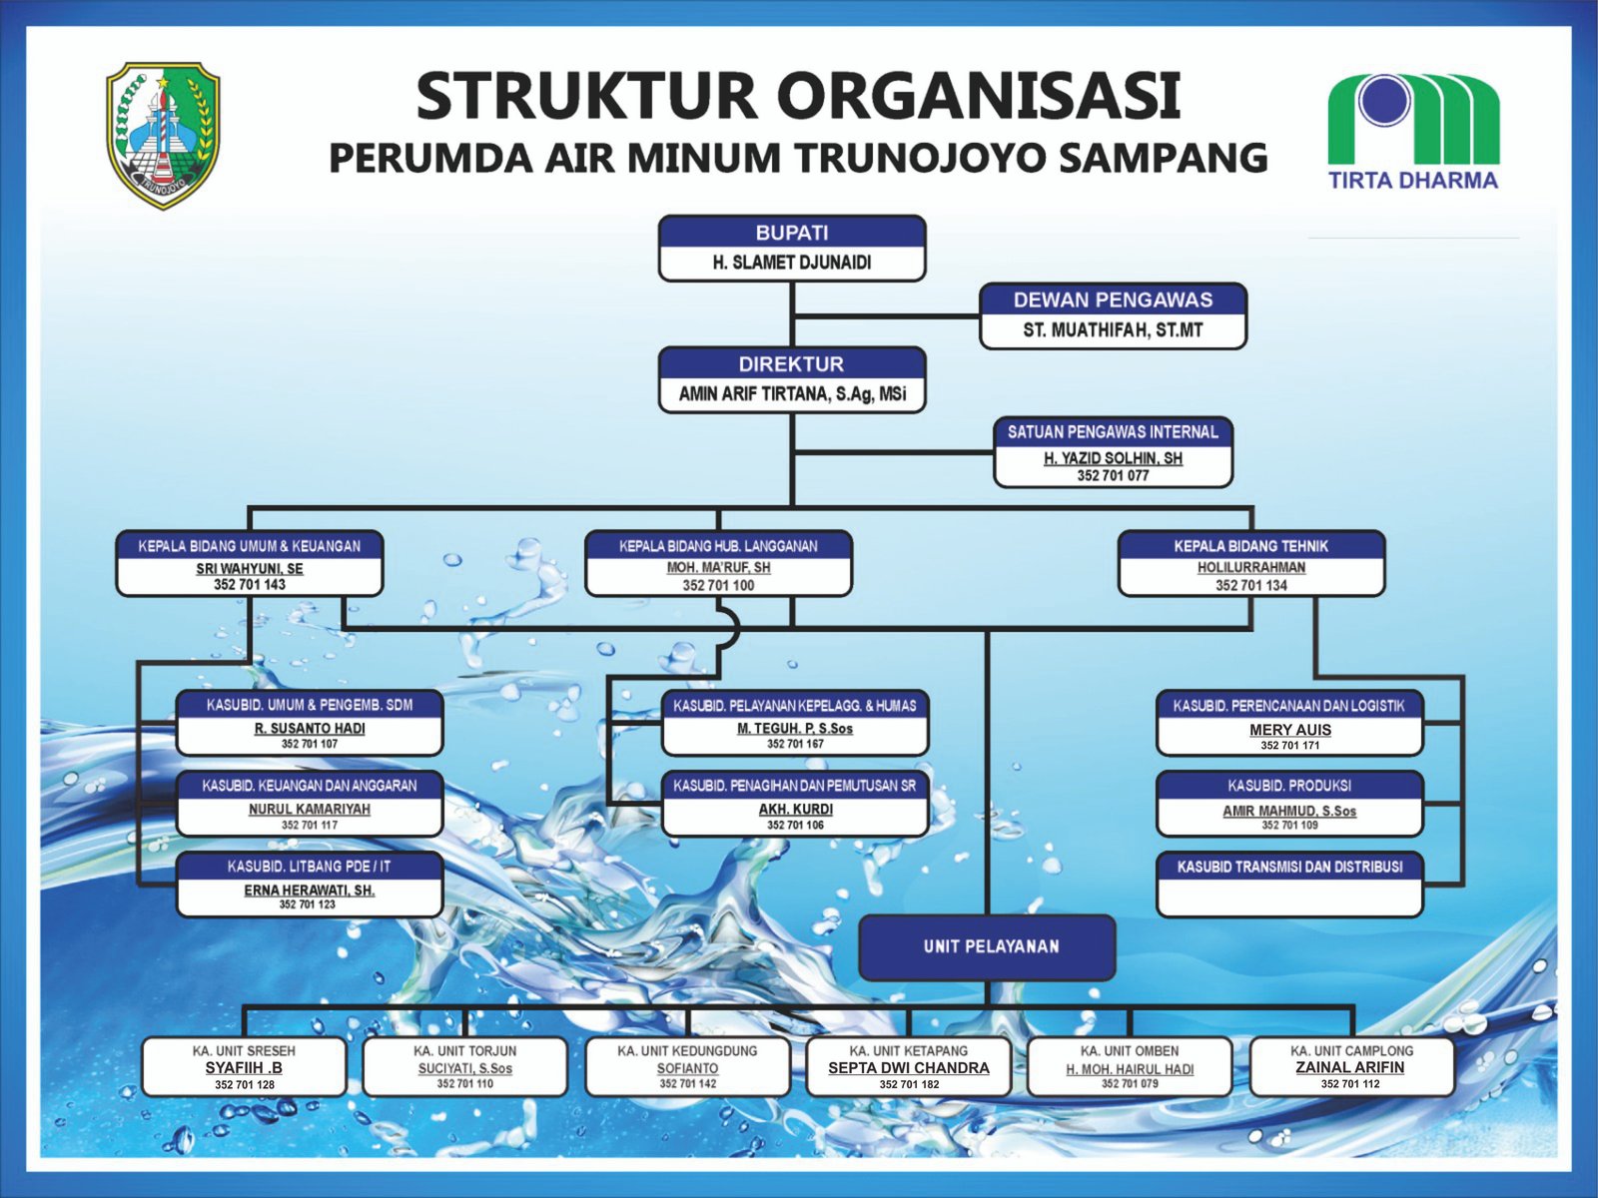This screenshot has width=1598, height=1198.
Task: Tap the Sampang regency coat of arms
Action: point(163,135)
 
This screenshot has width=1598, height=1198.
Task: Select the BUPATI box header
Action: point(792,233)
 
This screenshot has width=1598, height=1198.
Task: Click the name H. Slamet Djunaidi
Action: point(792,263)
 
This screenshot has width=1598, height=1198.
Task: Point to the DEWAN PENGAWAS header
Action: point(1113,299)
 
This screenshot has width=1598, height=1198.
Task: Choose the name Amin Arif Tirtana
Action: point(792,394)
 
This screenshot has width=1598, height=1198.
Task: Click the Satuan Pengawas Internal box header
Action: point(1113,432)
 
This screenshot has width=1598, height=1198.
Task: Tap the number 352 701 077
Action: point(1113,476)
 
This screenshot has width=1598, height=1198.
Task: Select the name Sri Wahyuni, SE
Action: point(250,568)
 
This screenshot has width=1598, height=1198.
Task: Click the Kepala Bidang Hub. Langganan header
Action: point(718,546)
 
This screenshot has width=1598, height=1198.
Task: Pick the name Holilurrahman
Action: point(1251,567)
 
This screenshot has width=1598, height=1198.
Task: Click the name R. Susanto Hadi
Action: point(310,729)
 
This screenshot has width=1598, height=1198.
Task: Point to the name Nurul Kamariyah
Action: point(310,810)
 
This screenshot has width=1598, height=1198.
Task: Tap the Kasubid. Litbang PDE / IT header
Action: point(310,867)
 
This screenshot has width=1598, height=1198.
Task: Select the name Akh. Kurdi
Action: point(796,810)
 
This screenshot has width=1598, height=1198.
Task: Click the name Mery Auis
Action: point(1290,730)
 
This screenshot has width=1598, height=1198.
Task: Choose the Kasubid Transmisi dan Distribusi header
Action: point(1290,867)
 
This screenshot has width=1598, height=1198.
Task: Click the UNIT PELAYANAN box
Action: point(987,946)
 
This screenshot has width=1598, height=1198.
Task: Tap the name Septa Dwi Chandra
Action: point(909,1068)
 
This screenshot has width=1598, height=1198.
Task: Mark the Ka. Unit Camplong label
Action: point(1351,1051)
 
